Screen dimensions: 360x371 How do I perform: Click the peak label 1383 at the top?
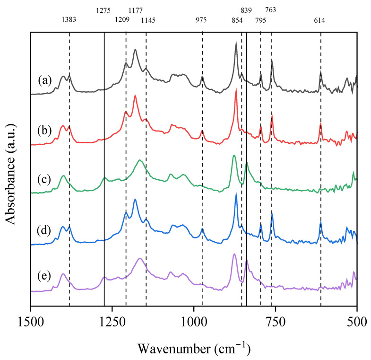click(69, 20)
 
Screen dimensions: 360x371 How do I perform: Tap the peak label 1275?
click(104, 10)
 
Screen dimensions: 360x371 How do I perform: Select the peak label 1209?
click(124, 20)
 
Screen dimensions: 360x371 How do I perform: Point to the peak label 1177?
click(136, 10)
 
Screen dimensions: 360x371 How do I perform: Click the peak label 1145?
click(147, 20)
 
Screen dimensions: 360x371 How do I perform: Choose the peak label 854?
click(237, 20)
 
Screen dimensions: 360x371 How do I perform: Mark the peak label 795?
click(260, 20)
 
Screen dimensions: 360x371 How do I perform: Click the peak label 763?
click(271, 10)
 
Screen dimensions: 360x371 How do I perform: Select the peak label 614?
click(320, 20)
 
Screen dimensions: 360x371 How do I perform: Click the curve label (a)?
click(45, 80)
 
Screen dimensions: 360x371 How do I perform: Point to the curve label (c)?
click(45, 180)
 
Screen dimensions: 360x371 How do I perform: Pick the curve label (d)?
click(45, 232)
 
